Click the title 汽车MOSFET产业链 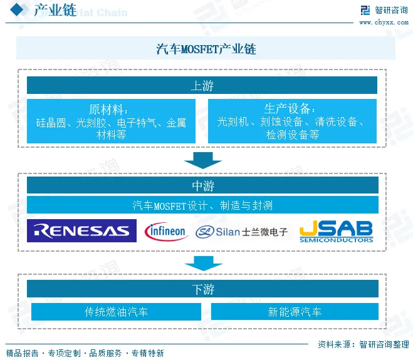click(206, 49)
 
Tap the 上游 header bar click(202, 86)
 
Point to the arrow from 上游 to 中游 click(202, 160)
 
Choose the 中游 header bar click(202, 185)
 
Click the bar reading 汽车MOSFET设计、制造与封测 click(202, 205)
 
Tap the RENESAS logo click(82, 231)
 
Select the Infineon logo click(165, 231)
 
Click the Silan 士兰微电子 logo click(242, 232)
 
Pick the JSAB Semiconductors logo click(336, 231)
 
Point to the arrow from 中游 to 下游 click(202, 263)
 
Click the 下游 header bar click(202, 289)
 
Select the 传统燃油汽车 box click(117, 311)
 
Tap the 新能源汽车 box click(295, 311)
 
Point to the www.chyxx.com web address click(384, 23)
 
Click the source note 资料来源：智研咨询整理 click(363, 344)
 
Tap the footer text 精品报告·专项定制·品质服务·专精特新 click(85, 353)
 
